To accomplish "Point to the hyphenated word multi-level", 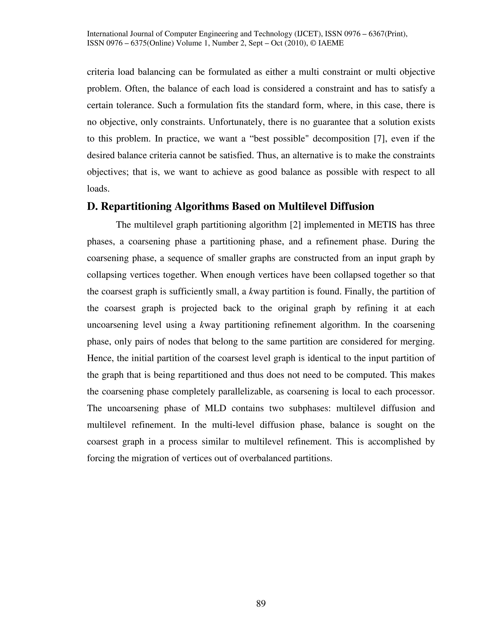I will [233, 425].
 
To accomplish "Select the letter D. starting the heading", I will [92, 206].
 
